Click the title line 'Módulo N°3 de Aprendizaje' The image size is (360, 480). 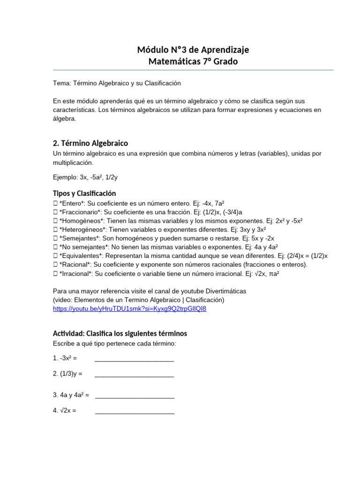(x=193, y=50)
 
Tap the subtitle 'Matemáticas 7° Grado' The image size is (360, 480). (x=193, y=61)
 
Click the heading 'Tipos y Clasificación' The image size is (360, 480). (x=84, y=193)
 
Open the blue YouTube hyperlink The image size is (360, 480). (x=129, y=308)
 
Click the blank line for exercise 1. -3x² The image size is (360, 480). (x=134, y=359)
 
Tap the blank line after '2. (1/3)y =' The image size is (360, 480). (x=134, y=374)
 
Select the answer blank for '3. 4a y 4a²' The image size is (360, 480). (x=135, y=396)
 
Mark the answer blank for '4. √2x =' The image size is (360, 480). (x=135, y=411)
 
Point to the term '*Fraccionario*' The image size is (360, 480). (x=80, y=212)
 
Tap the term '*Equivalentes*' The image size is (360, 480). (x=82, y=256)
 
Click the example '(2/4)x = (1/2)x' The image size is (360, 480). (x=302, y=256)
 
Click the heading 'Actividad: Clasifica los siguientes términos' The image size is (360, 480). (x=120, y=333)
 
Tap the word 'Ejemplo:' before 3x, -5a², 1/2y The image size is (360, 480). (x=65, y=178)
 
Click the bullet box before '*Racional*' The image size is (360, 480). (x=55, y=265)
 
